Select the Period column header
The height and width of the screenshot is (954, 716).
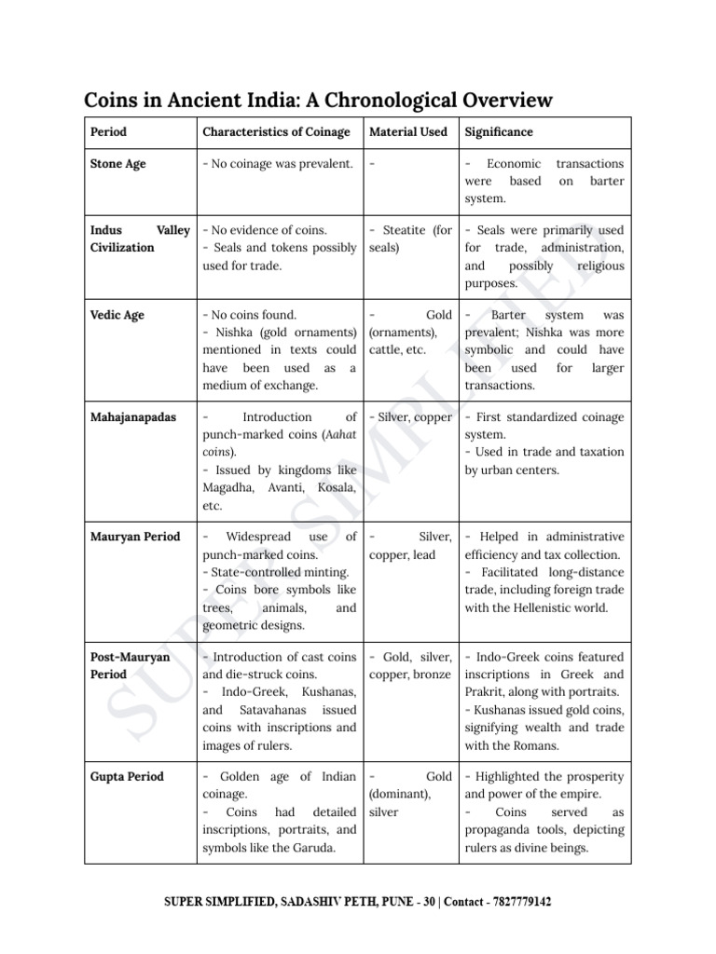point(108,132)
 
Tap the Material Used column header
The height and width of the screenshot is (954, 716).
point(408,132)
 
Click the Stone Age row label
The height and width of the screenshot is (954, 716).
point(117,164)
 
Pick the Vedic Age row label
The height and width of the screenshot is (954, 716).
point(117,315)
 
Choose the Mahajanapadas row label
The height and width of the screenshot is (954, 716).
point(133,417)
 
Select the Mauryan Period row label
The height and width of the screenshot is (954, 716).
point(135,537)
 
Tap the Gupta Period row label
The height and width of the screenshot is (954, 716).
point(127,777)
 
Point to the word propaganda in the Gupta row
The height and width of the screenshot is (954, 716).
point(503,830)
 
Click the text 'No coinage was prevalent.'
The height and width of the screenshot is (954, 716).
point(278,164)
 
